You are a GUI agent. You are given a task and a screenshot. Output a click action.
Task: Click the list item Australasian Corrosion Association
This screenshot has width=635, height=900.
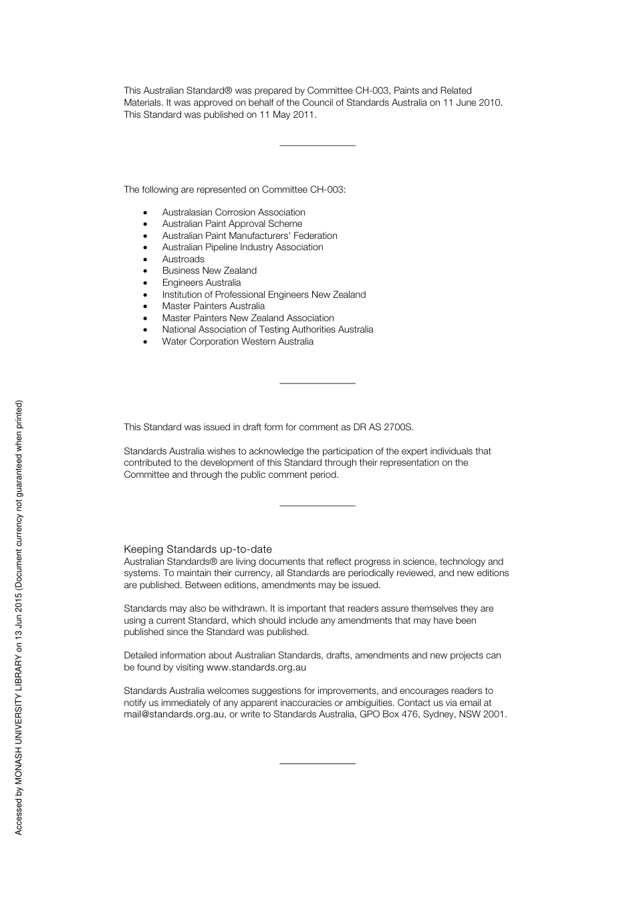click(233, 212)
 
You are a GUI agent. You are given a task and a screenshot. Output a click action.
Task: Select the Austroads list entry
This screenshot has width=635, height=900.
click(183, 259)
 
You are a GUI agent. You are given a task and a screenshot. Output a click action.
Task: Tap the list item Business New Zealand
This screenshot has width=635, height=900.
click(209, 270)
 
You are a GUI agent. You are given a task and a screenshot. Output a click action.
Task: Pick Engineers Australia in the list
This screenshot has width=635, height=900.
click(201, 282)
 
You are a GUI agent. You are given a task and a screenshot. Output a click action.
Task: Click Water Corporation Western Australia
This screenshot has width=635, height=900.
click(237, 341)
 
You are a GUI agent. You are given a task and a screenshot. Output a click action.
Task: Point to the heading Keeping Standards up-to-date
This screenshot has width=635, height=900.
click(198, 549)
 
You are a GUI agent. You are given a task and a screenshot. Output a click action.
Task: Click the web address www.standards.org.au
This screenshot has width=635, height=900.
click(256, 667)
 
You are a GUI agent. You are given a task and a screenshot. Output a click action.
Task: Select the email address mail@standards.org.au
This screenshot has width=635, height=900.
click(174, 714)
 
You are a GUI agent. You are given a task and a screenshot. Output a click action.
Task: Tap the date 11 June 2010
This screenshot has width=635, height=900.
click(472, 102)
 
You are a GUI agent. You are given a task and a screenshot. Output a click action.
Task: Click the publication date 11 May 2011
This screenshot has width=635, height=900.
click(287, 114)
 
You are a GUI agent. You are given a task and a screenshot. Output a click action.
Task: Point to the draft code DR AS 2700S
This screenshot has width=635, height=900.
click(383, 427)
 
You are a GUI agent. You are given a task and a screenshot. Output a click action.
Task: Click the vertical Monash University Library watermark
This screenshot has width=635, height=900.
click(19, 617)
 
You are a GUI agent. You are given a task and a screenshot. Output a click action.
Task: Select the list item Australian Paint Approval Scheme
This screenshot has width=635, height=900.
click(232, 223)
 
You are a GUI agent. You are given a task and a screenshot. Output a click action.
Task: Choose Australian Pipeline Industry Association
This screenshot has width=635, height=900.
click(243, 247)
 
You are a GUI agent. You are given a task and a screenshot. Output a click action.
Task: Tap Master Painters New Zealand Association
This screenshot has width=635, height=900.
click(248, 318)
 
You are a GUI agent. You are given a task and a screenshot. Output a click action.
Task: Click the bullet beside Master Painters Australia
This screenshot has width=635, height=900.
click(145, 306)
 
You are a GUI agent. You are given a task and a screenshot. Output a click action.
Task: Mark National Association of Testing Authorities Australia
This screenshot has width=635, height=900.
click(267, 329)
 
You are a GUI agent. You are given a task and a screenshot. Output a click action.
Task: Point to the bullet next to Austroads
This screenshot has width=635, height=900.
click(145, 260)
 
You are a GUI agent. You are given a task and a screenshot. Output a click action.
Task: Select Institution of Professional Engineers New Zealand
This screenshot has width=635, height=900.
click(264, 294)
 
